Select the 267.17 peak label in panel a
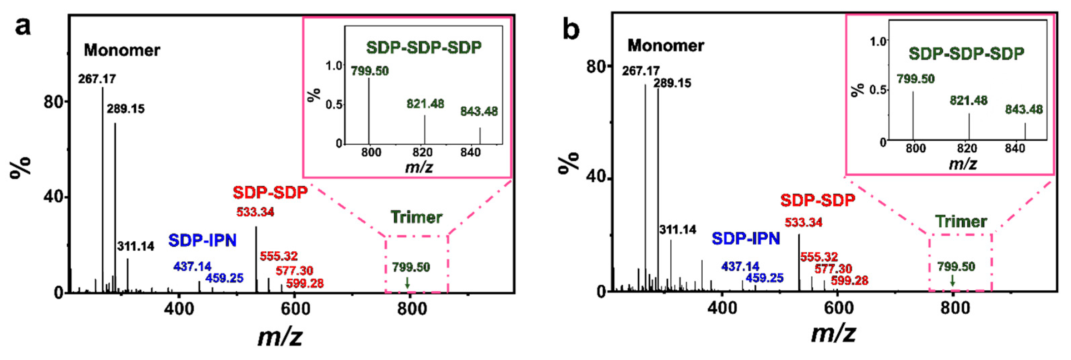click(97, 79)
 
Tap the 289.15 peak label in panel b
click(672, 83)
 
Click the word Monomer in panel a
click(122, 50)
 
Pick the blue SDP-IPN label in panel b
click(745, 239)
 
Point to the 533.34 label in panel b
click(803, 222)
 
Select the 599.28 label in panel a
click(305, 284)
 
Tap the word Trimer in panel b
click(961, 222)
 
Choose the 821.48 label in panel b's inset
click(968, 101)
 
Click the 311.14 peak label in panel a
click(136, 247)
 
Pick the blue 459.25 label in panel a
click(224, 278)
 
